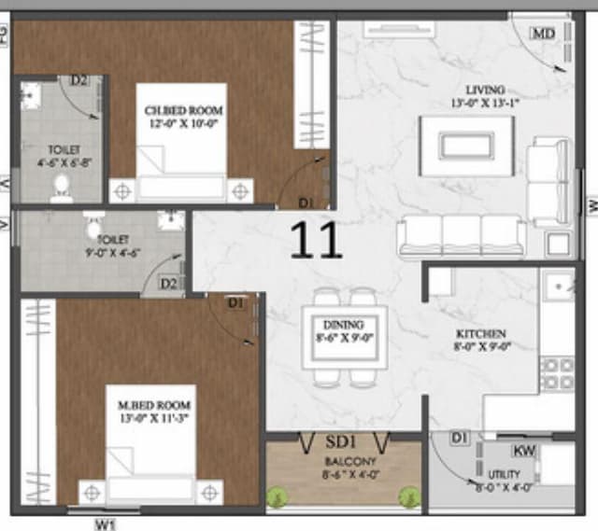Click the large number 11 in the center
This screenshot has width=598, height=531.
pyautogui.click(x=316, y=239)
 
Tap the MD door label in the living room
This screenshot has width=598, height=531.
pyautogui.click(x=543, y=33)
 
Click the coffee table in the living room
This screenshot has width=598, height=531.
pyautogui.click(x=468, y=145)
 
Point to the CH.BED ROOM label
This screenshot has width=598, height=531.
pyautogui.click(x=183, y=116)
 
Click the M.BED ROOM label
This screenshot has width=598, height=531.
pyautogui.click(x=154, y=412)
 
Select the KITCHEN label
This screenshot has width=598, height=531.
pyautogui.click(x=481, y=339)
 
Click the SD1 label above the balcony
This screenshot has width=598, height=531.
pyautogui.click(x=341, y=440)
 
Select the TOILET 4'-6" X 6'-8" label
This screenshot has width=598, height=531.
pyautogui.click(x=64, y=155)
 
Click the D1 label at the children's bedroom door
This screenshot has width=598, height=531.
pyautogui.click(x=306, y=203)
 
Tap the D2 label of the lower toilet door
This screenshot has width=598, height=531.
pyautogui.click(x=168, y=283)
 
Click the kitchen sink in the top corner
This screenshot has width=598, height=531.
pyautogui.click(x=560, y=285)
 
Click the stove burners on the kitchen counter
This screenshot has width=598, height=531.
pyautogui.click(x=557, y=373)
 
